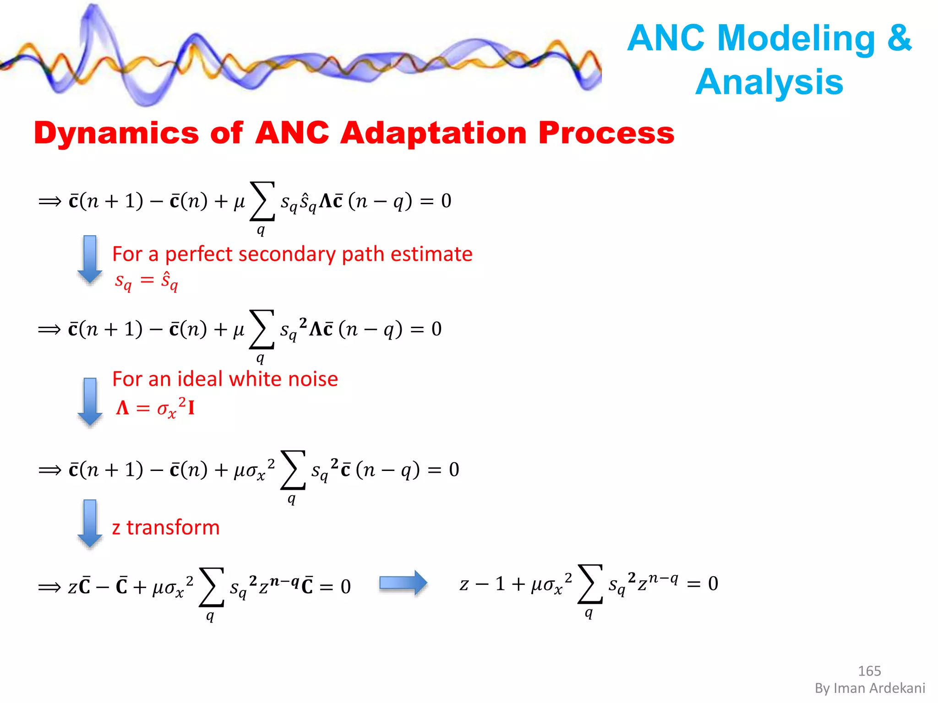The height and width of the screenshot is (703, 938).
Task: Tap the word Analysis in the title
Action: [769, 82]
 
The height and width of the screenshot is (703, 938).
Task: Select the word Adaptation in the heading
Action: [433, 134]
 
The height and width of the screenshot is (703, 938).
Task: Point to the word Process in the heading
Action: [606, 134]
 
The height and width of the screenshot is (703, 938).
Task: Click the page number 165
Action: [869, 671]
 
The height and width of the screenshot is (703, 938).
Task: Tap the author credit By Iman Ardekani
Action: [870, 688]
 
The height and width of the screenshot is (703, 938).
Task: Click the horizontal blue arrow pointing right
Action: [403, 583]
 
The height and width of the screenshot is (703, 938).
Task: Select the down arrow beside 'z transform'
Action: [90, 523]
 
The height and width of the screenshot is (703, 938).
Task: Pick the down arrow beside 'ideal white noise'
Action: [90, 401]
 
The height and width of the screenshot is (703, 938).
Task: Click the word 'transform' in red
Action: [173, 528]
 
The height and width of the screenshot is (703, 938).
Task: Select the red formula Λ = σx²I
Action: [156, 407]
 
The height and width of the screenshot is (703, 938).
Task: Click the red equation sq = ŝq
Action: [146, 280]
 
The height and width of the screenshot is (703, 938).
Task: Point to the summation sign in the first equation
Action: [262, 201]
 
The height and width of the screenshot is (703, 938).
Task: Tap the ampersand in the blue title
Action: [899, 38]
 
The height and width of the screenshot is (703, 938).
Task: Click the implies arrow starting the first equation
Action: [50, 201]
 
